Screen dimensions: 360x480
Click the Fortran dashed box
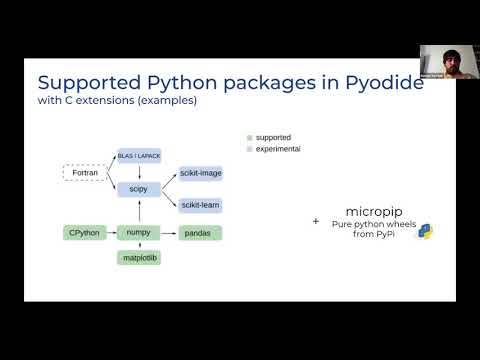[85, 174]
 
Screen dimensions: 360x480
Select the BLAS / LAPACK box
[138, 154]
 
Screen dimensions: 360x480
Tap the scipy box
[138, 188]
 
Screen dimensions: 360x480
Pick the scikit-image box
[200, 173]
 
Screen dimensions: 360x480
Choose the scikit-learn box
[200, 205]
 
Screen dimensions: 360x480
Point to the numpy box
[138, 233]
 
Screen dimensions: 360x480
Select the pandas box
[200, 233]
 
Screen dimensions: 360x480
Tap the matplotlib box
[138, 258]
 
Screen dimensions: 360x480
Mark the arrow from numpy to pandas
[169, 233]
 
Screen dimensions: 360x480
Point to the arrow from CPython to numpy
[111, 233]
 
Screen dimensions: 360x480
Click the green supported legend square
[249, 137]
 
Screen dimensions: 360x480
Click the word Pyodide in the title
[377, 85]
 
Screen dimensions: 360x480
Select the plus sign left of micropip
[316, 221]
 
